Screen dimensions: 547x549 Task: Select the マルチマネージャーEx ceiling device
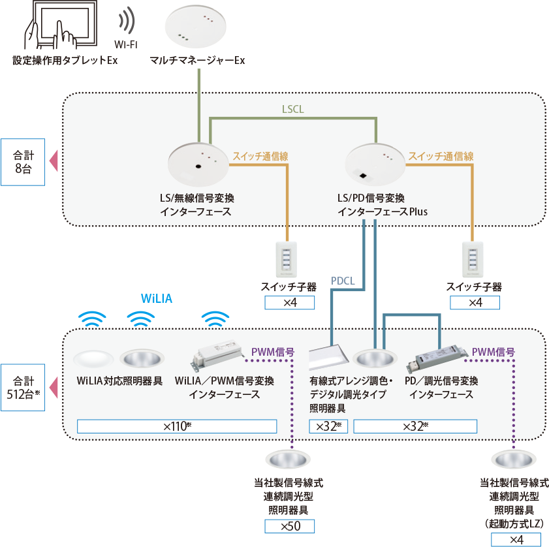pyautogui.click(x=198, y=29)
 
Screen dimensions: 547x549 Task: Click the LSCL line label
pyautogui.click(x=292, y=110)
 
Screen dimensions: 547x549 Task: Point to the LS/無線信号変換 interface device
pyautogui.click(x=198, y=165)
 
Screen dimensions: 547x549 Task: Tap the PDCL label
pyautogui.click(x=343, y=281)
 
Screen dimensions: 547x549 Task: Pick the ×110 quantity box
pyautogui.click(x=177, y=426)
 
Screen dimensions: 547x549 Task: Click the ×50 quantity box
pyautogui.click(x=289, y=526)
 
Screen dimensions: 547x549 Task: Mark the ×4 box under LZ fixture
pyautogui.click(x=516, y=539)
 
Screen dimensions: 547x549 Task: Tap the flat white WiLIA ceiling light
pyautogui.click(x=95, y=360)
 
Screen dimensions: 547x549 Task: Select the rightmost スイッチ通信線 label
pyautogui.click(x=441, y=157)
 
